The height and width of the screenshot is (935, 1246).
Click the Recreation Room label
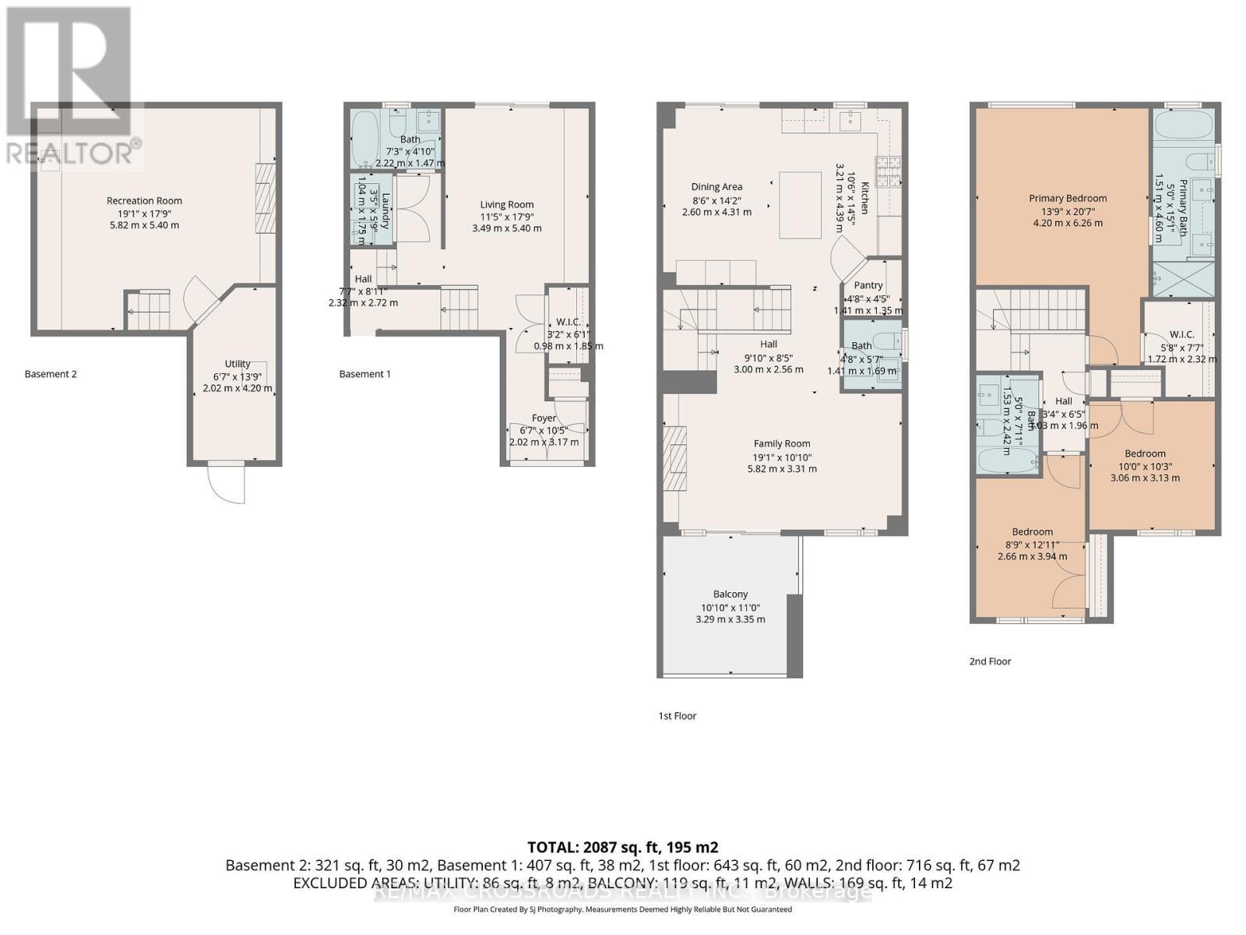tap(144, 201)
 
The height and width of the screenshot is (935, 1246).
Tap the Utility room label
tap(238, 364)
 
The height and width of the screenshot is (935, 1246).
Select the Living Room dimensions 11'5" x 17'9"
tap(506, 217)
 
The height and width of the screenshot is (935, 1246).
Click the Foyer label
tap(544, 418)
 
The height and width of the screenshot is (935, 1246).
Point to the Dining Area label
tap(716, 187)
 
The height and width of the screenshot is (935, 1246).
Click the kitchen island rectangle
tap(801, 205)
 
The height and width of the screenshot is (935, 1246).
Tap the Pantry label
tap(868, 285)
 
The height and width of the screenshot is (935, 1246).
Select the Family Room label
tap(782, 444)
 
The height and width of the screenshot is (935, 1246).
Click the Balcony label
tap(730, 595)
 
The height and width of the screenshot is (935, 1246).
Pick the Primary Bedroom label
tap(1067, 198)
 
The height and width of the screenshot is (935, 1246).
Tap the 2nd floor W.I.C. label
tap(1181, 334)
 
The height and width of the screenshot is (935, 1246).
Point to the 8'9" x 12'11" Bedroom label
tap(1033, 532)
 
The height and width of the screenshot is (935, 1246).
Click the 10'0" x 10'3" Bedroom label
tap(1145, 453)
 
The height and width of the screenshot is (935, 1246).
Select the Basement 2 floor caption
tap(51, 374)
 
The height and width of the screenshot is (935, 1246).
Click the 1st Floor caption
tap(677, 715)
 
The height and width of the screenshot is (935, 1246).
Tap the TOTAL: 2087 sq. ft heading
tap(622, 847)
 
